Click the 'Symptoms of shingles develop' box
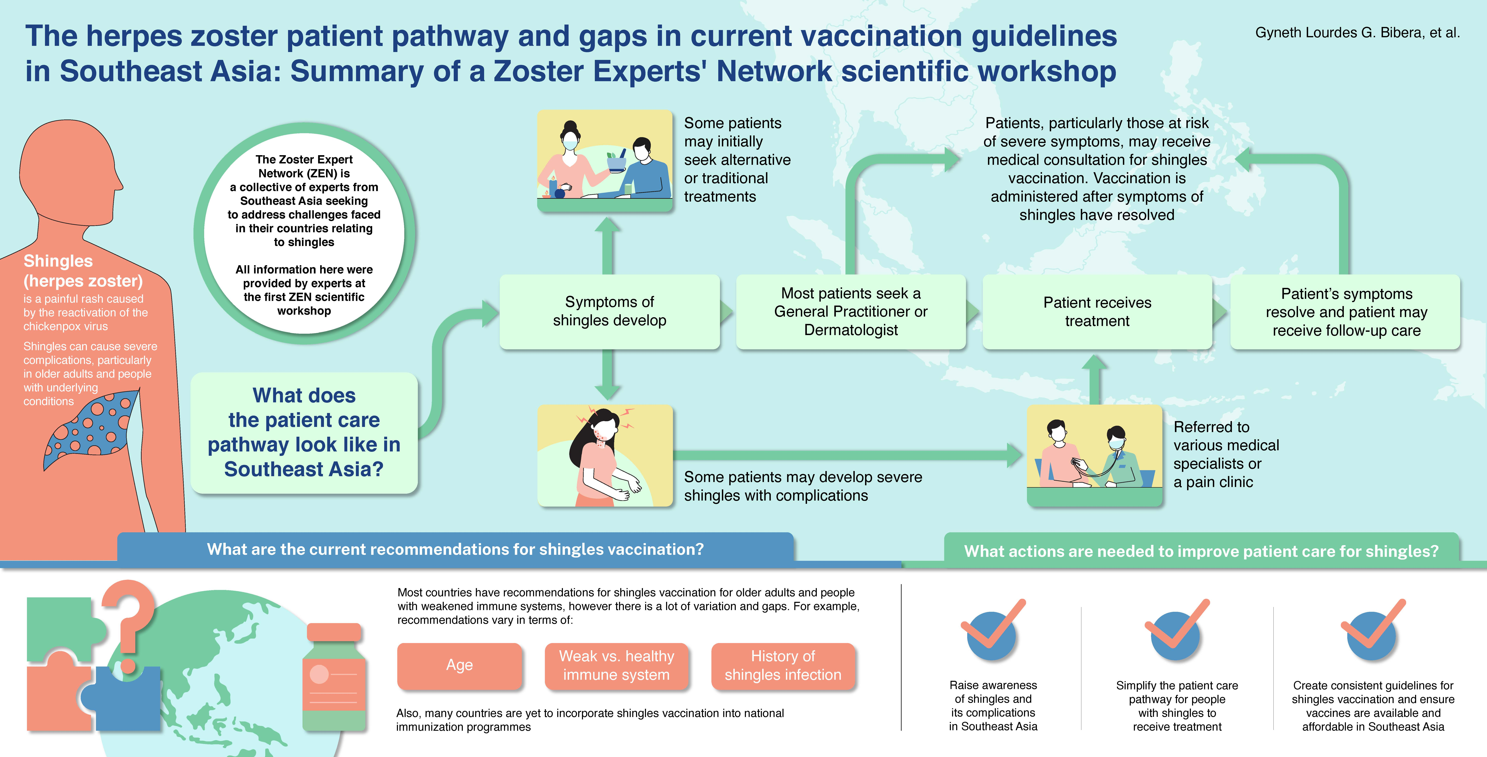coord(610,312)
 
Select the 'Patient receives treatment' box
coord(1097,312)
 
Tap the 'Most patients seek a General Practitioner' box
coord(851,312)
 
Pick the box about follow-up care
coord(1346,312)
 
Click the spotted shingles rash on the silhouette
coord(91,427)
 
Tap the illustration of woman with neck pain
coord(605,456)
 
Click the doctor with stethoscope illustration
coord(1094,456)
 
